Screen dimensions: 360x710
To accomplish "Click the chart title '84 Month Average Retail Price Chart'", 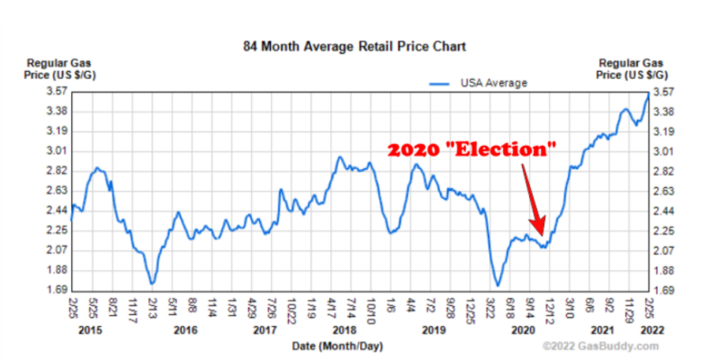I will pos(355,45).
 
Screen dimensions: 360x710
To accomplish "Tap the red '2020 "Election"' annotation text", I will pos(472,150).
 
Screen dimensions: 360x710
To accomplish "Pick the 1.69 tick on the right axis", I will pos(663,291).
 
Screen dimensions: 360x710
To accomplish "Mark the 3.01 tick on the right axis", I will pos(663,151).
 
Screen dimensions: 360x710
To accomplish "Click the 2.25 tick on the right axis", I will pos(663,230).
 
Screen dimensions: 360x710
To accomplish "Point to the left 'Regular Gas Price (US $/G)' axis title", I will pos(54,68).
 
